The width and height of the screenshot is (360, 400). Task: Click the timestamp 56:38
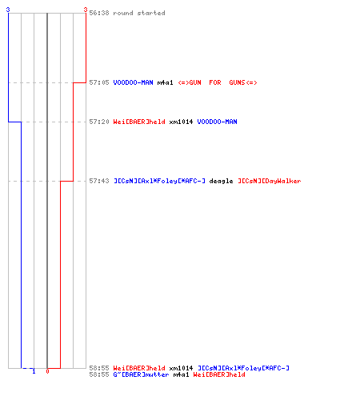coord(99,13)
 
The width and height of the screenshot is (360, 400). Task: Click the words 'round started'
coord(139,13)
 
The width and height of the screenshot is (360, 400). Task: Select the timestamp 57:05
coord(99,82)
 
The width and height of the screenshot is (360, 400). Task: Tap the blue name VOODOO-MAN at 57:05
coord(133,82)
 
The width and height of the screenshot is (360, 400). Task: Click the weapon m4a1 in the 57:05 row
coord(165,82)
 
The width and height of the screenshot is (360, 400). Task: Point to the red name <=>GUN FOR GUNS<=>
coord(218,82)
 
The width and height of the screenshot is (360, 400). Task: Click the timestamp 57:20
coord(99,122)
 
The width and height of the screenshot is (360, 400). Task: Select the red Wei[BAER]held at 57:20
coord(139,122)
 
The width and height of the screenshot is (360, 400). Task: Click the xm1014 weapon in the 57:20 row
coord(181,122)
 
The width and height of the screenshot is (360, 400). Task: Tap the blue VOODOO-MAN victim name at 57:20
coord(217,122)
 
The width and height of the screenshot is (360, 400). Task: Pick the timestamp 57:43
coord(99,181)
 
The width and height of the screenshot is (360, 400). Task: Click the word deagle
coord(221,181)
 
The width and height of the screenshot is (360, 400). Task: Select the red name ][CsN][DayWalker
coord(270,181)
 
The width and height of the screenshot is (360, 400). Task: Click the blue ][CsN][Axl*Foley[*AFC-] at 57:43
coord(159,181)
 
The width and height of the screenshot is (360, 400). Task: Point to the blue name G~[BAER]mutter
coord(141,374)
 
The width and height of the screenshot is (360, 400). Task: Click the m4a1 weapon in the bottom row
coord(181,374)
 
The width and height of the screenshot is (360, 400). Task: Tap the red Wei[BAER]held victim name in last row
coord(219,374)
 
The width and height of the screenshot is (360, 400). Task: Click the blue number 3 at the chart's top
coord(8,10)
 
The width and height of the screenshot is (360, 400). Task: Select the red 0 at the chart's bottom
coord(47,371)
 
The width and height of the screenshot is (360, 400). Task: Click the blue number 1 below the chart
coord(34,371)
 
